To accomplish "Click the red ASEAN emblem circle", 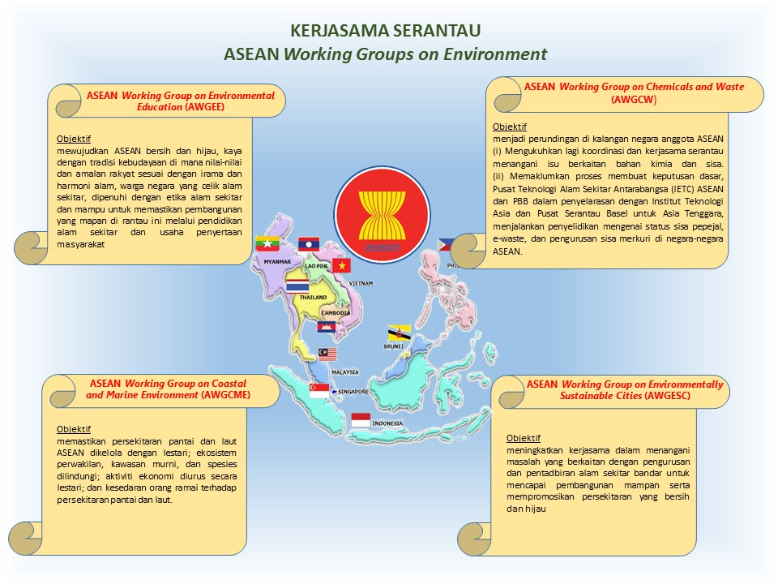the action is coord(382,214).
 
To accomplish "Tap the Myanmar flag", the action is coord(267,243).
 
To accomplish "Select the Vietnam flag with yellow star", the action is coord(341,266).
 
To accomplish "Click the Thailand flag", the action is coord(297,286).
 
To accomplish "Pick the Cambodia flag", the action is coord(327,326).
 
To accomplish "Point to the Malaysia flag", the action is coord(327,354).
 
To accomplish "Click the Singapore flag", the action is coord(319,391).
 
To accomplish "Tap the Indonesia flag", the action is coord(361,420).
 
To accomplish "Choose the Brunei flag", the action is coord(399,333).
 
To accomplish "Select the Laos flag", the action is coord(309,244).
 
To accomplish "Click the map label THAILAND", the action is coord(313,298).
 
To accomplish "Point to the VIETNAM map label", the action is coord(361,284).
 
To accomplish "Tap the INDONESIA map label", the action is coord(387,423).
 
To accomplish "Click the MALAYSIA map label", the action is coord(345,372).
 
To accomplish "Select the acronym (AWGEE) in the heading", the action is coord(204,107).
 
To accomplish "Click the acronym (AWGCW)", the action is coord(634,99).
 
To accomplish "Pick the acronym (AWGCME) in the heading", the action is coord(225,395).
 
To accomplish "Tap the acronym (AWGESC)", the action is coord(667,396).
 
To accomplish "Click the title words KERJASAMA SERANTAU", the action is coord(386,31).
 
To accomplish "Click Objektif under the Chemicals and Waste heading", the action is coord(510,127).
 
